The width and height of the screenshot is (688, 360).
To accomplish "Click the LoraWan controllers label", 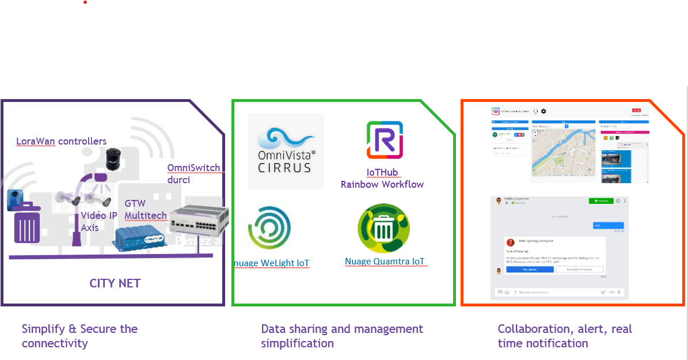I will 61,141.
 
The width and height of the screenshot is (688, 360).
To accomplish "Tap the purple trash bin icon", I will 27,227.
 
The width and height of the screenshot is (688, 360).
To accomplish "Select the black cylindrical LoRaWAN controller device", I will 113,159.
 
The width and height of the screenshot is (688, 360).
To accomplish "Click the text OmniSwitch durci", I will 193,173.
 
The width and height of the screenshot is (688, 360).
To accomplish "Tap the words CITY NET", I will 115,283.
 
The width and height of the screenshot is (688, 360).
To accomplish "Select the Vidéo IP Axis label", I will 98,221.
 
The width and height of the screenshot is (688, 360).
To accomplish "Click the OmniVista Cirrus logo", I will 286,151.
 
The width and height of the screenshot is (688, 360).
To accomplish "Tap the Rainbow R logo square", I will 385,139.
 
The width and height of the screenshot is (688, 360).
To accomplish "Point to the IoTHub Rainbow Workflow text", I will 382,179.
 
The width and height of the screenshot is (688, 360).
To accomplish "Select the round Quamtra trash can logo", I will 383,228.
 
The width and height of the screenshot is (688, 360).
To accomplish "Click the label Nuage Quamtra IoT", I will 385,262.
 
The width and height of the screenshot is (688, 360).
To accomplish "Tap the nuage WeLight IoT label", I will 271,263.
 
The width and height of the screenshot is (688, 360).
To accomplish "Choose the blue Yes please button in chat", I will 530,269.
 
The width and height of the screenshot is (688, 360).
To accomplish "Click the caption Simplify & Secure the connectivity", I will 79,336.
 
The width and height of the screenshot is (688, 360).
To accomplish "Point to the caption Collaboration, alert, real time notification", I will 564,336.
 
